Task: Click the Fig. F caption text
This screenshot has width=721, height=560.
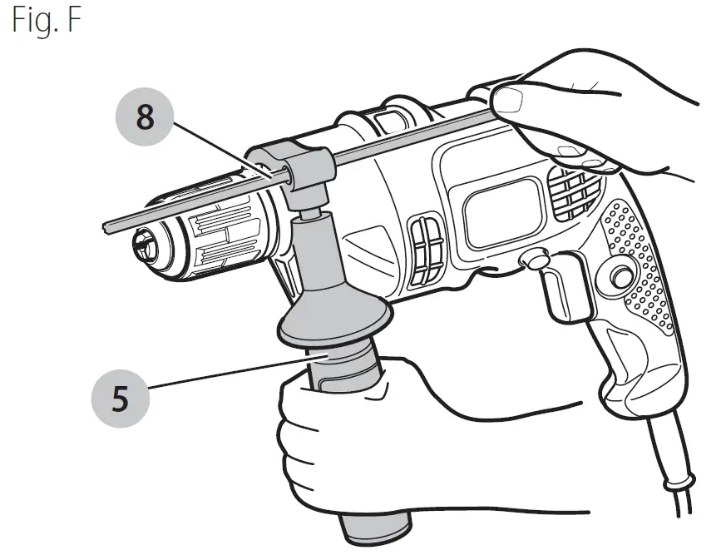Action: [47, 21]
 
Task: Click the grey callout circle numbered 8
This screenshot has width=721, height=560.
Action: [146, 117]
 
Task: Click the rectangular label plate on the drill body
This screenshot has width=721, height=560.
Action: [498, 213]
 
